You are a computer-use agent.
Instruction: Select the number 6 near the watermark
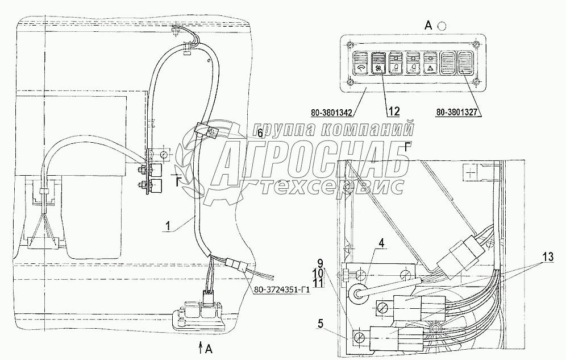click(x=260, y=134)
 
